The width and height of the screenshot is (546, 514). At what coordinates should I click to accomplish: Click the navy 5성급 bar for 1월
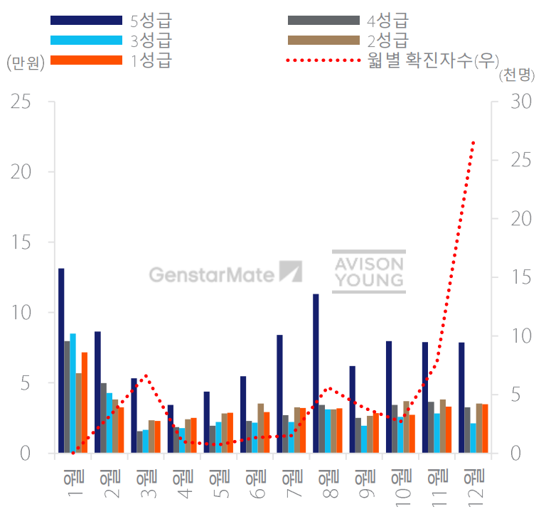click(61, 360)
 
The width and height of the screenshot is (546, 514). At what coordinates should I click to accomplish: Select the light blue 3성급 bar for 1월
click(73, 393)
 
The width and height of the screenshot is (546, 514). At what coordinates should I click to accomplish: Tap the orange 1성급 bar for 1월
click(84, 402)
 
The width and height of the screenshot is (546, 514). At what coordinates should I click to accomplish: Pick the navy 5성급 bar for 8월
click(316, 373)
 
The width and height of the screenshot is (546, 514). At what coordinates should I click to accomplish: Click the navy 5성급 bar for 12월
click(461, 397)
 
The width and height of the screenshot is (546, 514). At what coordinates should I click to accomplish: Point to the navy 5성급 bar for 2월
click(97, 392)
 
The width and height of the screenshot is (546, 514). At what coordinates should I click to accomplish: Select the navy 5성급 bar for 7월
click(279, 394)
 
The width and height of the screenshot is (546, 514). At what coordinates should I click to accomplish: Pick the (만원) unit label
click(26, 63)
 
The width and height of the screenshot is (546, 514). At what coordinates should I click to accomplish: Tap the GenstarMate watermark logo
click(225, 273)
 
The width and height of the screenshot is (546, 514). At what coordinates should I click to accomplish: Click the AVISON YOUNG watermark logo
click(369, 272)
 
